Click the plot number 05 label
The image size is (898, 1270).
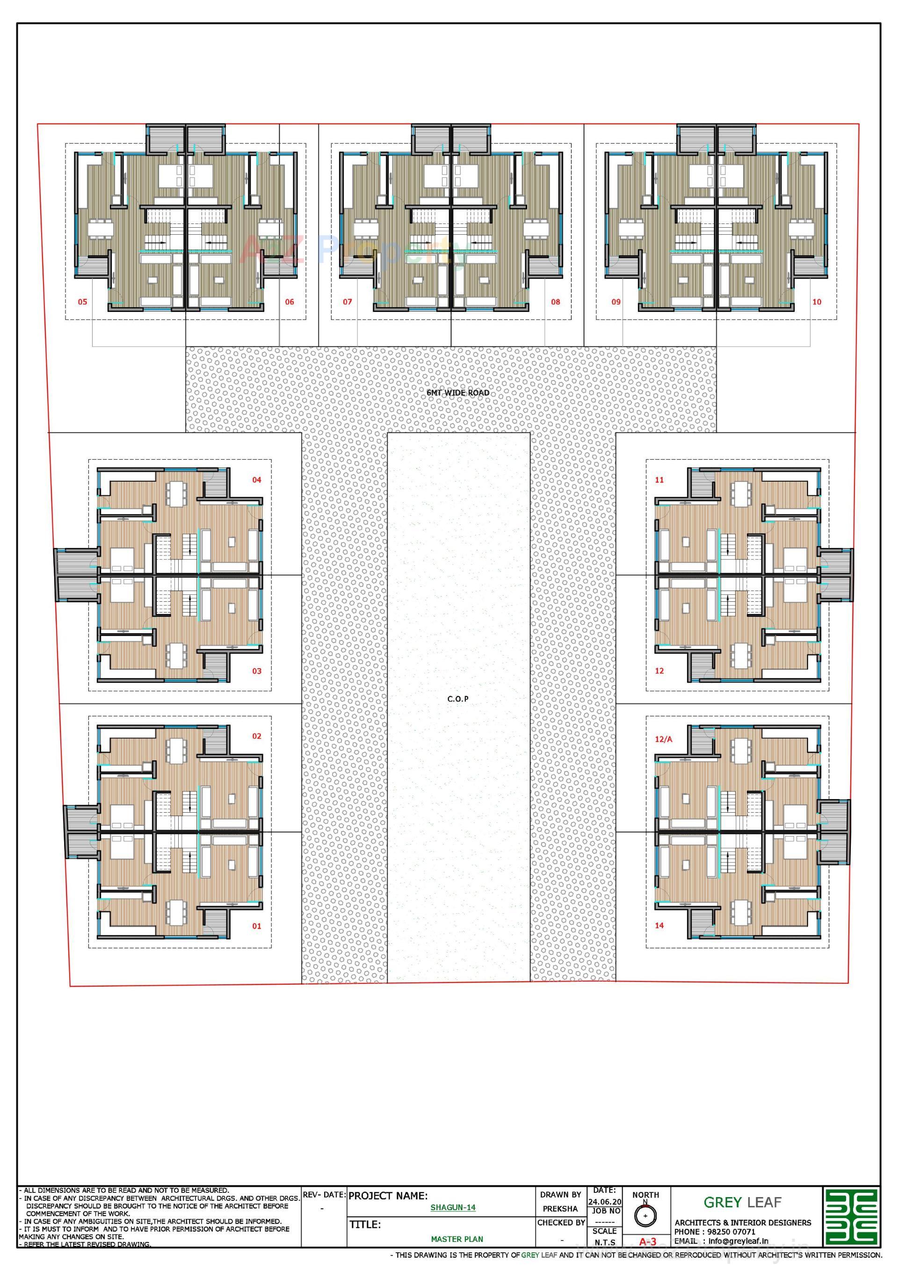tap(82, 302)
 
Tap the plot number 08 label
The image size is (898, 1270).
tap(556, 302)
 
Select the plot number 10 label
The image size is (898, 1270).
tap(817, 302)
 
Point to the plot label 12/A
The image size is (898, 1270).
tap(663, 739)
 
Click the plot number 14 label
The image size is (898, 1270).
tap(659, 925)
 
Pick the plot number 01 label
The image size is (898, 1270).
tap(256, 926)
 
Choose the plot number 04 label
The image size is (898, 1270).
tap(257, 480)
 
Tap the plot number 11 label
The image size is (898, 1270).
tap(659, 480)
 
